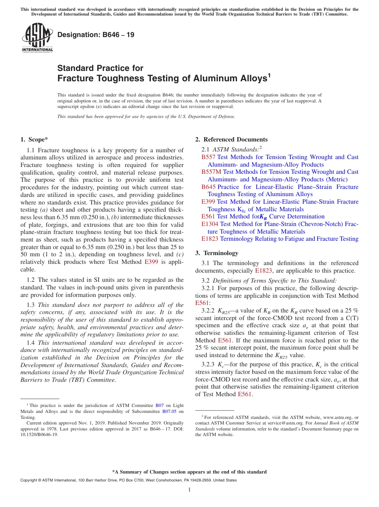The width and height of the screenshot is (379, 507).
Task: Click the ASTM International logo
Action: pyautogui.click(x=37, y=38)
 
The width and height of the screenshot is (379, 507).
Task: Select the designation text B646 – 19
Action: pyautogui.click(x=96, y=35)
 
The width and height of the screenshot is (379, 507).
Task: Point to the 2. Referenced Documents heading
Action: pyautogui.click(x=231, y=140)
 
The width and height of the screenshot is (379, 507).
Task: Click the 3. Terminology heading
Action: pyautogui.click(x=217, y=253)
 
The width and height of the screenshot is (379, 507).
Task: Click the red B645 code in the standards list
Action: pyautogui.click(x=208, y=187)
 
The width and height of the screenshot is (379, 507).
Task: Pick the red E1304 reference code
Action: pyautogui.click(x=210, y=224)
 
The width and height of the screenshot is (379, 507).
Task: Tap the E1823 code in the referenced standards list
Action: pyautogui.click(x=210, y=239)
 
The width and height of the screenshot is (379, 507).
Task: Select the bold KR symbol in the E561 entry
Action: pyautogui.click(x=263, y=217)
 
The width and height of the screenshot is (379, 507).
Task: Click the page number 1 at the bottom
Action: pyautogui.click(x=189, y=490)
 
